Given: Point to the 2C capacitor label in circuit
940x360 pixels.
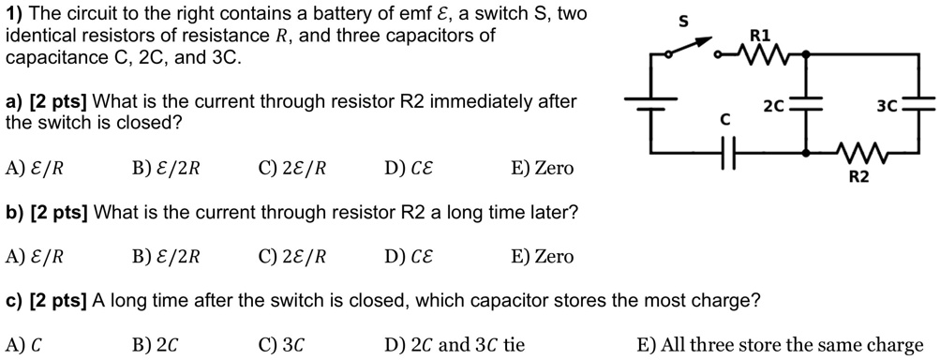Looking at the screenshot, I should tap(774, 106).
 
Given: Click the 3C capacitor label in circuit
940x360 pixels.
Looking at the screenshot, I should tap(888, 106).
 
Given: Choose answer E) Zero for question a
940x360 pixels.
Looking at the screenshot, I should tap(542, 169).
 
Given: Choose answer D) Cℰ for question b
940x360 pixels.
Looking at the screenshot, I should tap(409, 256).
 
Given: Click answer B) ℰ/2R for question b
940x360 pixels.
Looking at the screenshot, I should tap(167, 256).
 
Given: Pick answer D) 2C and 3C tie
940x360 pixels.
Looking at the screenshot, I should tap(455, 345).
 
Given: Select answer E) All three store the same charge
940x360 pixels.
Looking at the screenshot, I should tap(779, 345).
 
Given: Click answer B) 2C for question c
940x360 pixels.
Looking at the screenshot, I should tap(155, 345).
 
